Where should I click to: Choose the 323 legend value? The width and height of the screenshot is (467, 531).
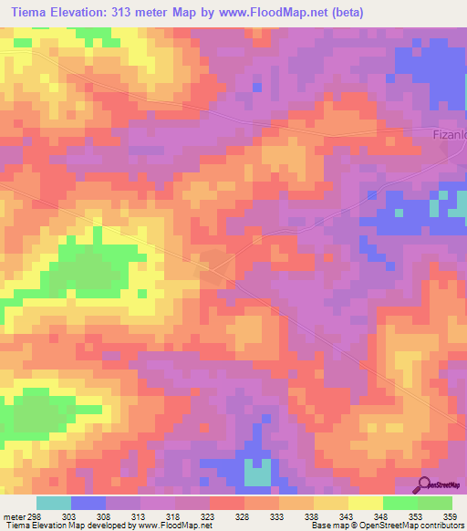[x=208, y=515]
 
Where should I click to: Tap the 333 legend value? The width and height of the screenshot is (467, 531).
[x=277, y=515]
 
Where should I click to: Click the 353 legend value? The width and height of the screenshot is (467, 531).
[x=416, y=515]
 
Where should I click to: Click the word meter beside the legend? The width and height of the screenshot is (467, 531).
[x=13, y=515]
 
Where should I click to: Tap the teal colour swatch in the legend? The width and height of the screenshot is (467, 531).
[x=53, y=503]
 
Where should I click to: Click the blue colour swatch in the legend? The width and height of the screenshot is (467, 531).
[x=88, y=503]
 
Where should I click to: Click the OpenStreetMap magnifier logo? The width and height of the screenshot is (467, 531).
[x=423, y=484]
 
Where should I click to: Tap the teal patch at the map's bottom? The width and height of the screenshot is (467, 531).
[x=257, y=472]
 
